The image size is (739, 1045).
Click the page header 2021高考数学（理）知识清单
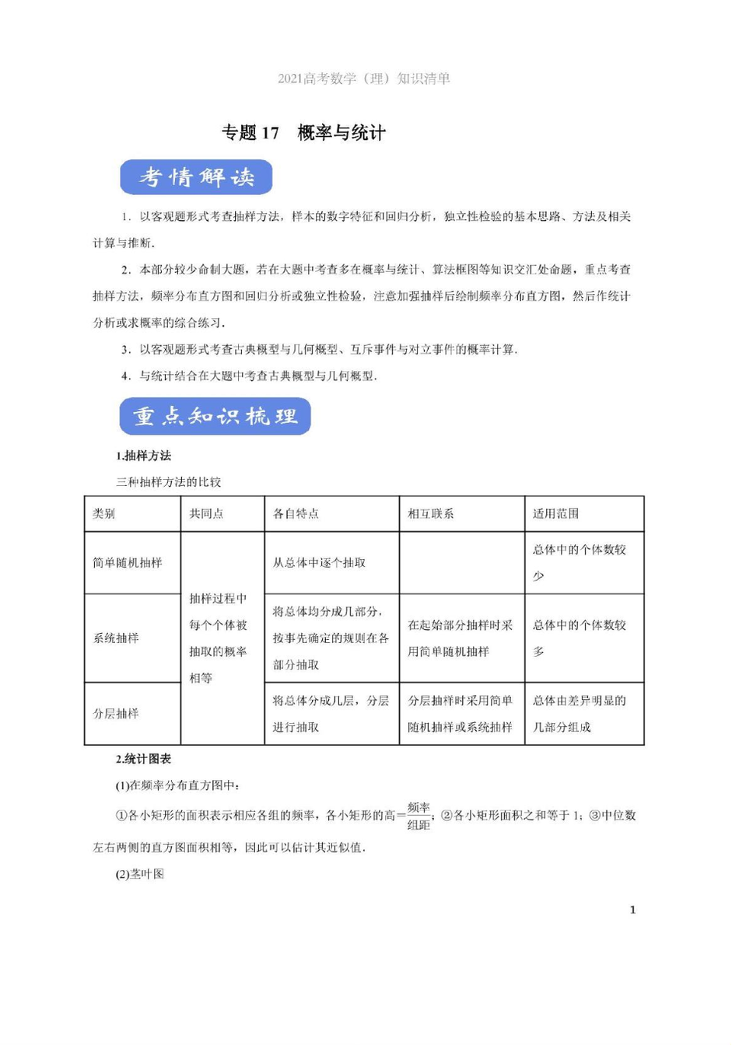pos(363,79)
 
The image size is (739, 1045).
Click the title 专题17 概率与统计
pos(303,133)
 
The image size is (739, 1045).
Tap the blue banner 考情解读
pos(196,177)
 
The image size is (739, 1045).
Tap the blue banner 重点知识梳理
pos(215,416)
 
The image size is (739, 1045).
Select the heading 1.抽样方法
pos(143,456)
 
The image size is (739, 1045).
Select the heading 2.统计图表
pos(143,759)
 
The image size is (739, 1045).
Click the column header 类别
pos(103,514)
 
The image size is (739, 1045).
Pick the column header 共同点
pos(206,514)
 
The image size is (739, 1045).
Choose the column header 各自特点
pos(296,514)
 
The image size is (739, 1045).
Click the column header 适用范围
pos(555,514)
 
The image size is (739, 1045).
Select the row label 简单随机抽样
pos(128,563)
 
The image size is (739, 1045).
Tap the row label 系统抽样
pos(116,638)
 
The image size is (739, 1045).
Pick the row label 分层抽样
pos(116,714)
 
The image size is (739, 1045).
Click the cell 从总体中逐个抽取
pos(319,563)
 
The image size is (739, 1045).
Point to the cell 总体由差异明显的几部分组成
pos(579,714)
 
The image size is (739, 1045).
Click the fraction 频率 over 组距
pos(419,816)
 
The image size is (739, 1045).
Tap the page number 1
pos(632,910)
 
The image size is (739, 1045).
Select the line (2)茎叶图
pos(140,874)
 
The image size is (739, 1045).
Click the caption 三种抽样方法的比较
pos(169,482)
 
